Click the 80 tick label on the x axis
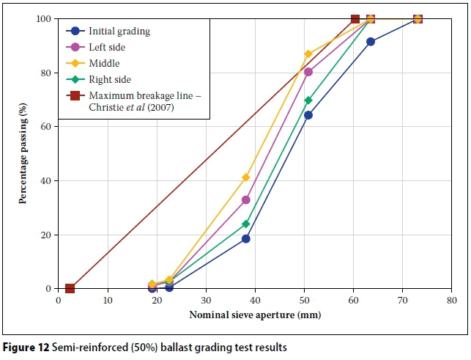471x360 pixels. click(452, 300)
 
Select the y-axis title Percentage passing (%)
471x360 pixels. click(23, 154)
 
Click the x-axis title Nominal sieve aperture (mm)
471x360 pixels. click(255, 315)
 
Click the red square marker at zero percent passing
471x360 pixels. click(70, 289)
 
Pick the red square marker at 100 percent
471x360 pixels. click(355, 19)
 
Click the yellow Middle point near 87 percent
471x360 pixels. click(308, 54)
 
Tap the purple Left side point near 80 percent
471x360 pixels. click(308, 72)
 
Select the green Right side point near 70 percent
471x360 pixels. click(308, 100)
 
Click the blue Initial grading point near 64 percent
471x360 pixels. click(308, 115)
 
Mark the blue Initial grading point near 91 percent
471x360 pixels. click(371, 42)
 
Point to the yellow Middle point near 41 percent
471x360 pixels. click(246, 177)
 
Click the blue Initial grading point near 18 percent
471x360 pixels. click(246, 239)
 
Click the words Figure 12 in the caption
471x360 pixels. click(25, 346)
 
